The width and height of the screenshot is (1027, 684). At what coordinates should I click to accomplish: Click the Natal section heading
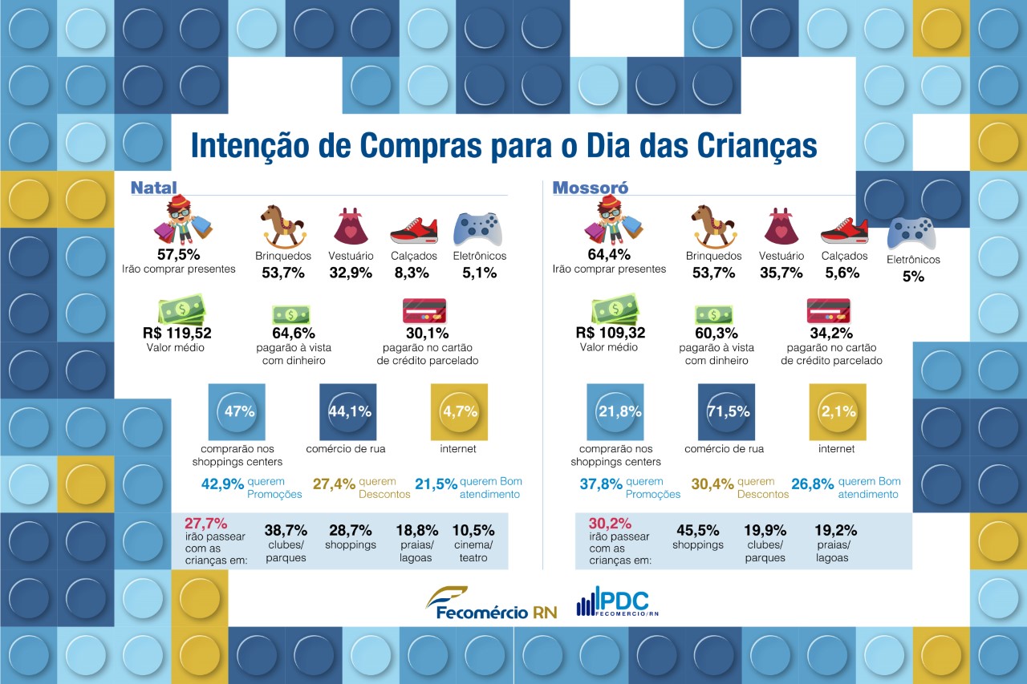[x=153, y=188]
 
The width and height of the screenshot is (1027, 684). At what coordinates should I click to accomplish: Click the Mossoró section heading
[x=590, y=188]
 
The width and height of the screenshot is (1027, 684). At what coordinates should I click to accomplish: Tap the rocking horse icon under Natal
[x=283, y=226]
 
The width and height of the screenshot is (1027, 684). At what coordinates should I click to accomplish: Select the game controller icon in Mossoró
[x=911, y=233]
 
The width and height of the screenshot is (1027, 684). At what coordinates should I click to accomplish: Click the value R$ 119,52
[x=177, y=333]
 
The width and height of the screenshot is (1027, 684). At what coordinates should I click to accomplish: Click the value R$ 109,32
[x=611, y=333]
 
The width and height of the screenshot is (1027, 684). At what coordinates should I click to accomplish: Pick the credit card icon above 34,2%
[x=829, y=311]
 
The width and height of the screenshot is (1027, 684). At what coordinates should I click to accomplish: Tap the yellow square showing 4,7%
[x=459, y=412]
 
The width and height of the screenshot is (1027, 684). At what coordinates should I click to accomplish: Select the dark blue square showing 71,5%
[x=726, y=412]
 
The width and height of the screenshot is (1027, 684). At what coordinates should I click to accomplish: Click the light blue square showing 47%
[x=237, y=412]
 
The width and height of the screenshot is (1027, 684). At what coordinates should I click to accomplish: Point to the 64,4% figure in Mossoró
[x=609, y=254]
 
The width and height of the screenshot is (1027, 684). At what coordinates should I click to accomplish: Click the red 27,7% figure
[x=206, y=523]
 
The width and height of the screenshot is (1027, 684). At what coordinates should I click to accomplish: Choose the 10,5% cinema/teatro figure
[x=473, y=530]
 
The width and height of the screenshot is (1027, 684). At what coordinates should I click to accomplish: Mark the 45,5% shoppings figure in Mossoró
[x=698, y=530]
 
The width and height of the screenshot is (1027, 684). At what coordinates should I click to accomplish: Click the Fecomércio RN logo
[x=492, y=603]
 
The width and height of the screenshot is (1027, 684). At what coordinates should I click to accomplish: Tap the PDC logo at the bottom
[x=618, y=601]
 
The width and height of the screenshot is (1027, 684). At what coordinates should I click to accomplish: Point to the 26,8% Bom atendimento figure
[x=813, y=484]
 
